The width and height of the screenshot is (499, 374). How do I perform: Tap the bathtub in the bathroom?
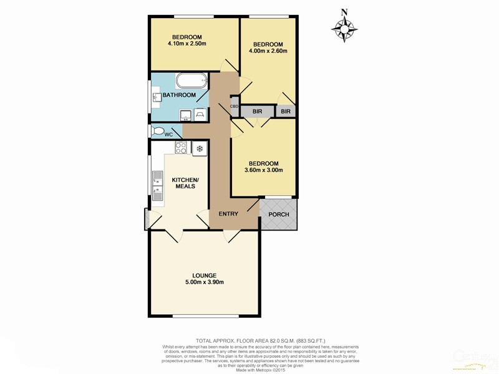click(190, 80)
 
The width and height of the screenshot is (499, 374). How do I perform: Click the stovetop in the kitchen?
click(181, 148)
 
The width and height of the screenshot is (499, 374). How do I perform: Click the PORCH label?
click(279, 215)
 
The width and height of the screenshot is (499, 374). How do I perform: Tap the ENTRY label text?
click(228, 214)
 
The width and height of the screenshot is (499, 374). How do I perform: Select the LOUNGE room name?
click(205, 276)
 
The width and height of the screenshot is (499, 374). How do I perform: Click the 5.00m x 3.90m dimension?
click(205, 283)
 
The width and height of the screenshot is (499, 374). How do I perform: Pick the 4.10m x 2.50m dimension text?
click(187, 44)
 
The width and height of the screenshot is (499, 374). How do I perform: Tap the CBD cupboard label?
click(235, 107)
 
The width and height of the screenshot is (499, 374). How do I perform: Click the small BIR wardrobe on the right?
click(286, 112)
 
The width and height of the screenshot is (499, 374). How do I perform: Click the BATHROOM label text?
click(179, 95)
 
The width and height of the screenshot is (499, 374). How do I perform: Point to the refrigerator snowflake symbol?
click(199, 148)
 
